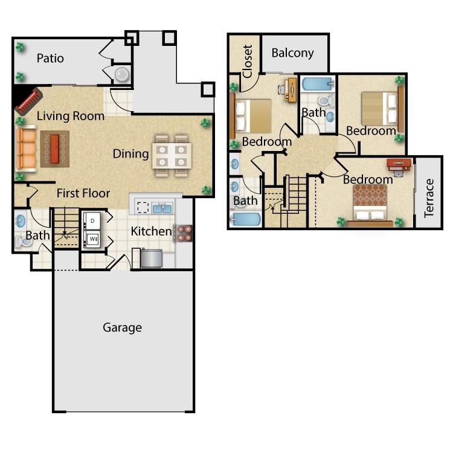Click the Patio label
click(50, 59)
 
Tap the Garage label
click(122, 328)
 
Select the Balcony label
click(293, 53)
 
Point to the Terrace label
click(429, 198)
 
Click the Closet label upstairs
click(248, 61)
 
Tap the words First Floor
click(83, 193)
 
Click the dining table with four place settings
click(172, 156)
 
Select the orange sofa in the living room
click(27, 149)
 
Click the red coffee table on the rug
click(54, 149)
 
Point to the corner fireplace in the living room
click(28, 101)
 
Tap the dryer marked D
click(92, 221)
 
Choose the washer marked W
click(92, 239)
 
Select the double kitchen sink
click(162, 208)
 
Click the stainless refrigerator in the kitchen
click(151, 259)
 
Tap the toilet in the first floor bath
click(22, 242)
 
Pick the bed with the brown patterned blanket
click(370, 206)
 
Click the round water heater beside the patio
click(122, 74)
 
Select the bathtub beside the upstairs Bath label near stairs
click(246, 220)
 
